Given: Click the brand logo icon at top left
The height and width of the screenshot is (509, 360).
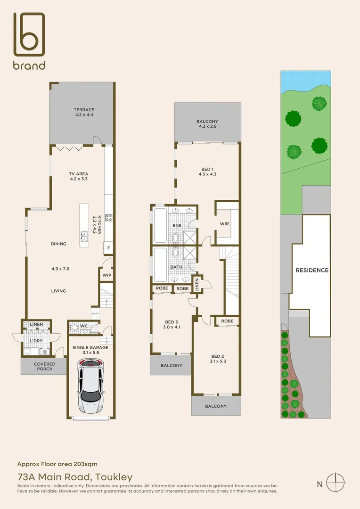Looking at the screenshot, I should [x=29, y=34].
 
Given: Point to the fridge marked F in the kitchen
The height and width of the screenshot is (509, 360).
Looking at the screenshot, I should [x=109, y=247].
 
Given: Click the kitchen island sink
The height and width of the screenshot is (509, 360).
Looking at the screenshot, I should [x=84, y=235].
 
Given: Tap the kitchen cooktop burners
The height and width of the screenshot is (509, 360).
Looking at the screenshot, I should [x=108, y=217].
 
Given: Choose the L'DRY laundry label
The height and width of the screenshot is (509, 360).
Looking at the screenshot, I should [x=36, y=340].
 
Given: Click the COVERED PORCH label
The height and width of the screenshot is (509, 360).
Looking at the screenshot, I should [x=44, y=366].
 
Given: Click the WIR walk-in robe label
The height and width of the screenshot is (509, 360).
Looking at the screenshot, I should [x=224, y=224].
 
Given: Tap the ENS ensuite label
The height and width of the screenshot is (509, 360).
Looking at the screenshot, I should [x=177, y=226].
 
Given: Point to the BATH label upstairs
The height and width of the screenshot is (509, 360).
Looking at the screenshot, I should [x=176, y=267].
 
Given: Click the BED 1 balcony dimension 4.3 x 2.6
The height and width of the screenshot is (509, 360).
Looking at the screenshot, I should [x=207, y=127].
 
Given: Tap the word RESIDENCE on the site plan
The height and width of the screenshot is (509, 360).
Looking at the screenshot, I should [x=311, y=270].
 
